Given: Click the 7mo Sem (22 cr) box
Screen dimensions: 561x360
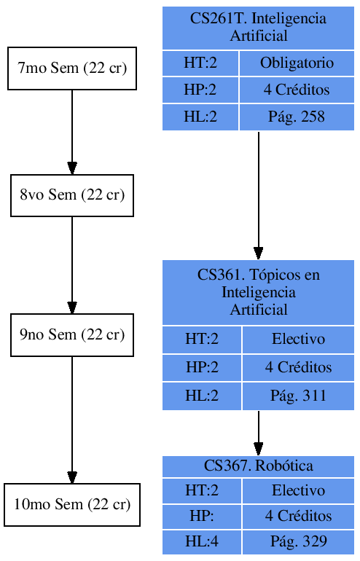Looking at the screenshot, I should click(x=71, y=69).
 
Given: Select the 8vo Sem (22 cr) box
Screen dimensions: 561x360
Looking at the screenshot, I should click(x=71, y=195).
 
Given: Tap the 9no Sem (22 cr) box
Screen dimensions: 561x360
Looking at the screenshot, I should click(x=71, y=335).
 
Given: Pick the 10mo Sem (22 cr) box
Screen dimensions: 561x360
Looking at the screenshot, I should click(x=71, y=504).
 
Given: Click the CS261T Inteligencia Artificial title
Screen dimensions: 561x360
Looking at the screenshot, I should click(x=258, y=28).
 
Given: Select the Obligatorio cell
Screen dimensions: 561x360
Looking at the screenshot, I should click(x=297, y=63).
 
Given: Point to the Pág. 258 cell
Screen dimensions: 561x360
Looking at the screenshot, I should click(x=297, y=117).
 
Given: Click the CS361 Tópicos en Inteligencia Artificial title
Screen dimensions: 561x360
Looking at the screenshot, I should click(x=258, y=292).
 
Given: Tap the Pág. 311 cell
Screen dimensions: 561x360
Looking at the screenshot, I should click(x=298, y=396).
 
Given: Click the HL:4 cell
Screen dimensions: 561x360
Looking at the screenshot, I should click(x=202, y=541).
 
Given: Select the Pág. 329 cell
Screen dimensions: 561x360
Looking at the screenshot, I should click(x=298, y=541).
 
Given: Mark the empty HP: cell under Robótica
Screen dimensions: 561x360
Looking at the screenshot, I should click(x=202, y=516).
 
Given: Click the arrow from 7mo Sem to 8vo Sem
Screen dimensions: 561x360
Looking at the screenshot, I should click(x=71, y=131).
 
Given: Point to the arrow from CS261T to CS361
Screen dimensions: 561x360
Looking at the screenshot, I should click(x=258, y=193).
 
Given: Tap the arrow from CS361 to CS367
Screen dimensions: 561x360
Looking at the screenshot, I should click(x=258, y=432).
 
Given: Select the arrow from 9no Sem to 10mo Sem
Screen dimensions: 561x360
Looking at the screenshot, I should click(x=71, y=419).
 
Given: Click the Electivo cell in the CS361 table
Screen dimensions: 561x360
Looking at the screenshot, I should click(x=298, y=340).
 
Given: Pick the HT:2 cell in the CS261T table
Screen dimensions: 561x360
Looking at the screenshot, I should click(x=200, y=63).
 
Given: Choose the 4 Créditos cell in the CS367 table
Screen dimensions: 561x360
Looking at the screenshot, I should click(x=298, y=516).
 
